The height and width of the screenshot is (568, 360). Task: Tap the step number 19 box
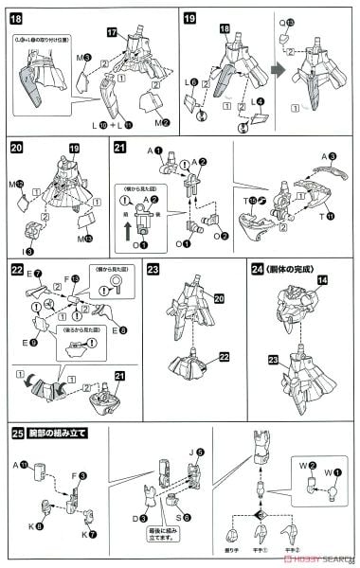[189, 18]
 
